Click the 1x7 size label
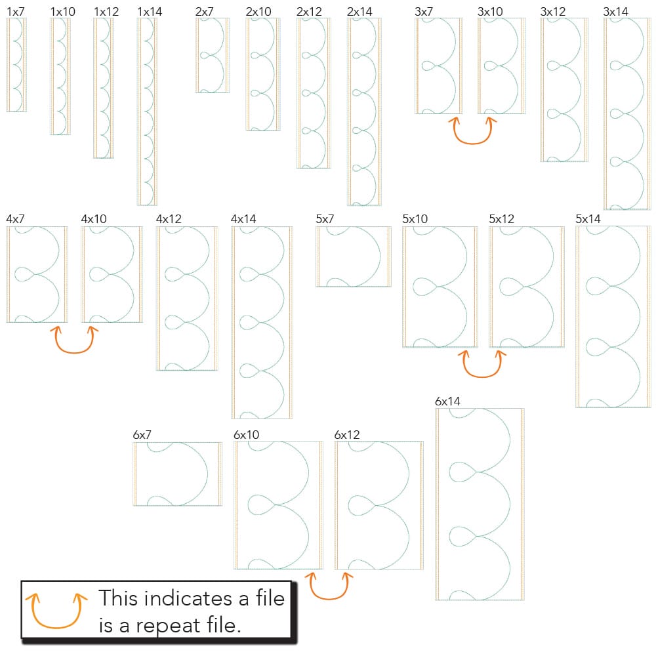[x=16, y=12]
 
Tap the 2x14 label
[x=359, y=12]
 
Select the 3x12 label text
[x=552, y=12]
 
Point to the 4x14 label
[x=243, y=219]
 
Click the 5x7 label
[x=325, y=219]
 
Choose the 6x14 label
[x=447, y=401]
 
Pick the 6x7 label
[x=142, y=435]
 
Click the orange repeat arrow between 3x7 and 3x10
[x=472, y=131]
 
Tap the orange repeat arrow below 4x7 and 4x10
[x=74, y=340]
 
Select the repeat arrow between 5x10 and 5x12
[x=482, y=364]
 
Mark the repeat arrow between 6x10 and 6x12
[x=329, y=586]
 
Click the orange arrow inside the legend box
[x=56, y=610]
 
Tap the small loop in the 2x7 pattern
[x=205, y=55]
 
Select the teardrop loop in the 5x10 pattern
[x=424, y=287]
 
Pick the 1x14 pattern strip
[x=147, y=112]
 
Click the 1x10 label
[x=63, y=12]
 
